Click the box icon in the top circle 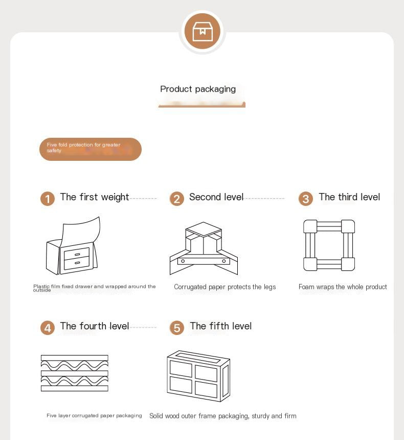click(x=203, y=31)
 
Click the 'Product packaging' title click(x=198, y=89)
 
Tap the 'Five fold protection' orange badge click(x=90, y=149)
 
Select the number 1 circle click(x=48, y=199)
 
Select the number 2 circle click(x=177, y=199)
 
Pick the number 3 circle click(x=306, y=199)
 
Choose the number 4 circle click(x=48, y=328)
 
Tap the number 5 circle click(x=177, y=328)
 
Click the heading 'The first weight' click(x=95, y=197)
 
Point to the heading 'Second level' click(x=216, y=197)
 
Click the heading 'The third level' click(x=349, y=197)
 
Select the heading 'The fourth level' click(x=95, y=326)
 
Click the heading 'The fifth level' click(x=221, y=326)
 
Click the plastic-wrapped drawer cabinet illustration click(x=73, y=246)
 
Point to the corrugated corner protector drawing click(x=204, y=248)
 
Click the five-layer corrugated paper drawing click(x=75, y=373)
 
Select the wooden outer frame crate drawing click(x=198, y=376)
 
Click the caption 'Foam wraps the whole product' click(x=343, y=287)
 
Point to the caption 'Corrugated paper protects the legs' click(x=225, y=287)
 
